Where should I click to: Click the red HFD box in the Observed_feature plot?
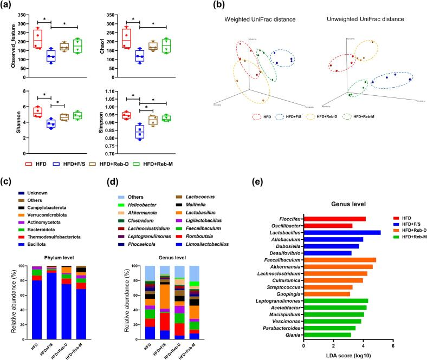[37, 38]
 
